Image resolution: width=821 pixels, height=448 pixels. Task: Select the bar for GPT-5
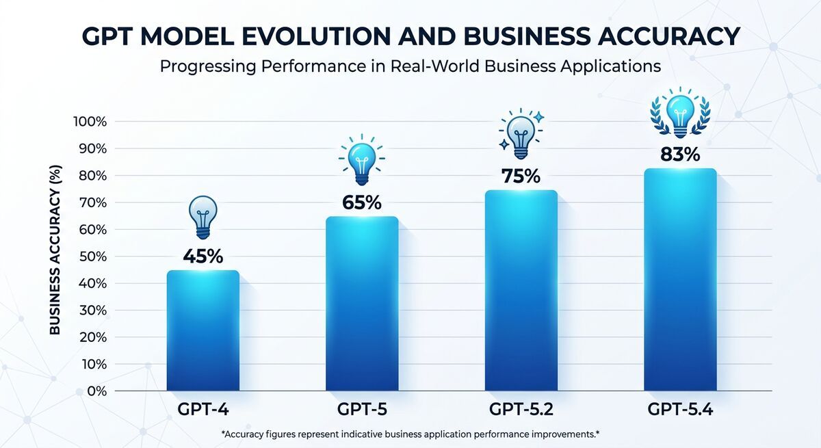pyautogui.click(x=362, y=304)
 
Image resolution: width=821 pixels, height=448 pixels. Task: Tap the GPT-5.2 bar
pyautogui.click(x=521, y=290)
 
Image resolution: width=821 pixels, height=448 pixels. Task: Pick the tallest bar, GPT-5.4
pyautogui.click(x=680, y=280)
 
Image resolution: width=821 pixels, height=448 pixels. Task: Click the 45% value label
pyautogui.click(x=203, y=256)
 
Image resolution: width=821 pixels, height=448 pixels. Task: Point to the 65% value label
pyautogui.click(x=362, y=202)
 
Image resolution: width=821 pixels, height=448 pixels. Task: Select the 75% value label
pyautogui.click(x=521, y=176)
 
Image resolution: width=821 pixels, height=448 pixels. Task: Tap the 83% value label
pyautogui.click(x=680, y=155)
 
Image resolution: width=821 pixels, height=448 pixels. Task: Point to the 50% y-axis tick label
pyautogui.click(x=92, y=256)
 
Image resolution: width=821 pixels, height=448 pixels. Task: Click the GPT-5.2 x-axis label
pyautogui.click(x=521, y=410)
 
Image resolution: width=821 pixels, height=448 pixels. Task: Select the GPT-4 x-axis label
pyautogui.click(x=203, y=410)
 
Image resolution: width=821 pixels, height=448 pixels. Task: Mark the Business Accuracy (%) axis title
pyautogui.click(x=55, y=250)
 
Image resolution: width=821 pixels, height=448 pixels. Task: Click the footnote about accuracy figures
pyautogui.click(x=410, y=434)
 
